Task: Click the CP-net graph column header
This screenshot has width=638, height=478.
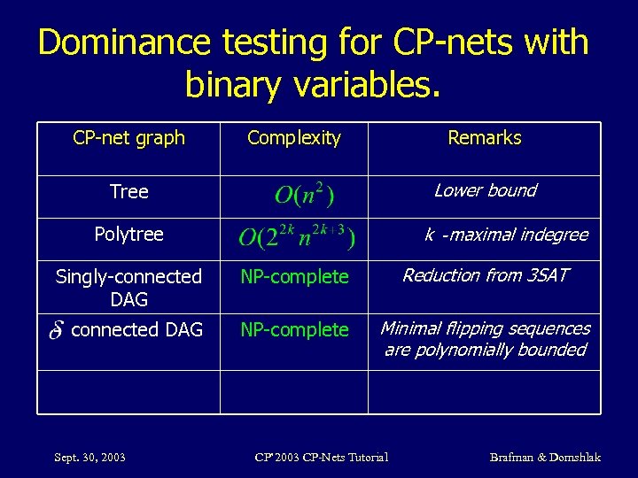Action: pyautogui.click(x=128, y=138)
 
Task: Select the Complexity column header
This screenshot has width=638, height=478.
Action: pyautogui.click(x=293, y=138)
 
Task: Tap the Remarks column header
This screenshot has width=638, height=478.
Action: pyautogui.click(x=485, y=138)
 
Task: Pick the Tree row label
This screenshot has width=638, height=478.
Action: pyautogui.click(x=128, y=192)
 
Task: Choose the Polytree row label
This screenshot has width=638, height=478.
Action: pyautogui.click(x=128, y=235)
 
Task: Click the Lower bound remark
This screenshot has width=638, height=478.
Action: pyautogui.click(x=485, y=190)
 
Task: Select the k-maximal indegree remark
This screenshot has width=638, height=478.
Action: pyautogui.click(x=505, y=235)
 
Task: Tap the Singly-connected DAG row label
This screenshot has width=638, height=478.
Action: pyautogui.click(x=128, y=288)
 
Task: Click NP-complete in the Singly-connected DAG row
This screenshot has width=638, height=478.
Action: pyautogui.click(x=295, y=277)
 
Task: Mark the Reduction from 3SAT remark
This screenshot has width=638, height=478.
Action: pyautogui.click(x=485, y=275)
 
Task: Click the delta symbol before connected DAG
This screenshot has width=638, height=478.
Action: pyautogui.click(x=57, y=331)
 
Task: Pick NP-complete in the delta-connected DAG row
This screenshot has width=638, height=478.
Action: pyautogui.click(x=295, y=330)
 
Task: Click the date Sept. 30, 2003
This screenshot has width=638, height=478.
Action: pyautogui.click(x=89, y=457)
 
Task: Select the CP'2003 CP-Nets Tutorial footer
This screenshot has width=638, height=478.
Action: pyautogui.click(x=321, y=457)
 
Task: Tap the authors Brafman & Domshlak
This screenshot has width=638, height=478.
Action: pyautogui.click(x=545, y=457)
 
